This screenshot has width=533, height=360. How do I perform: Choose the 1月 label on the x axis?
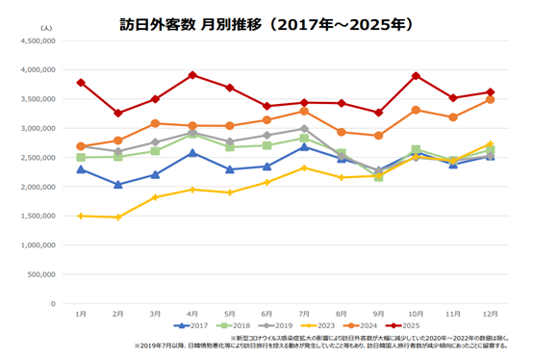pyautogui.click(x=81, y=314)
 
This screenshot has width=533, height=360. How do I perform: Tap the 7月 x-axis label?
pyautogui.click(x=303, y=314)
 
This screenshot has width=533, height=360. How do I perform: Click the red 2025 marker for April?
pyautogui.click(x=192, y=75)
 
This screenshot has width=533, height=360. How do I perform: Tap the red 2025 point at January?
pyautogui.click(x=81, y=83)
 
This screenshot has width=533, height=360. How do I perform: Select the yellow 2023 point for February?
pyautogui.click(x=118, y=218)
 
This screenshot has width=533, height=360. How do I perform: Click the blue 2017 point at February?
pyautogui.click(x=118, y=185)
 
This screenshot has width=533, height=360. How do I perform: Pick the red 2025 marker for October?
pyautogui.click(x=415, y=76)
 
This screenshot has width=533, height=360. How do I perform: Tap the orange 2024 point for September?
pyautogui.click(x=378, y=136)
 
